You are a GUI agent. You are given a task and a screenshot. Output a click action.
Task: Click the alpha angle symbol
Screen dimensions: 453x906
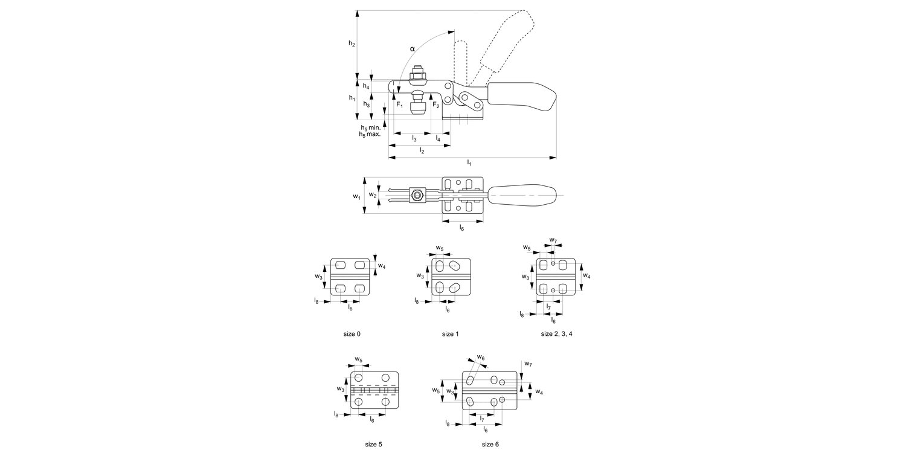(x=413, y=48)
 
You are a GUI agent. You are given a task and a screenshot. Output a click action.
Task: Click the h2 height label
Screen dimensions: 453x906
(x=352, y=43)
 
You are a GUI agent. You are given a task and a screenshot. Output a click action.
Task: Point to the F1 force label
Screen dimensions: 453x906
(x=399, y=105)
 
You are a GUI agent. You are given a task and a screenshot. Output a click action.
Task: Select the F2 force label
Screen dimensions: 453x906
(x=435, y=105)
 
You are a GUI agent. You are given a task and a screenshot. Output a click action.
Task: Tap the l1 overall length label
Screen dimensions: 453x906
(x=469, y=162)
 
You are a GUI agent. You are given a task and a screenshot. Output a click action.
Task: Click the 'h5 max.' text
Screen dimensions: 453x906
(x=370, y=134)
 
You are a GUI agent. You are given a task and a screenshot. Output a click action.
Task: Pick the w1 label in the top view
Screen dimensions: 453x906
(x=356, y=196)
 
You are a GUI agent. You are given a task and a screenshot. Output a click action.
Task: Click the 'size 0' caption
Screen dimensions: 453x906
(x=350, y=333)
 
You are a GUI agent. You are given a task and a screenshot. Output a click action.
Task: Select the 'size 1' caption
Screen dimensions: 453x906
(x=451, y=333)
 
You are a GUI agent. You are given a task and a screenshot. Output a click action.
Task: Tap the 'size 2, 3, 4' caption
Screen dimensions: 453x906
(x=556, y=333)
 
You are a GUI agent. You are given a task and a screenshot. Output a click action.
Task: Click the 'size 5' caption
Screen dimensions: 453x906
(x=373, y=444)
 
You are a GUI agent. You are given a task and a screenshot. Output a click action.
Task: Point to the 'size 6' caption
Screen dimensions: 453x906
(x=490, y=444)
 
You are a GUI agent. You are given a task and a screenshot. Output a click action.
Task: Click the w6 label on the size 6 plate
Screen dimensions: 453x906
(x=481, y=358)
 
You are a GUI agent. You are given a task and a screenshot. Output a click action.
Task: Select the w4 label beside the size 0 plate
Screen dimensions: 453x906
(x=381, y=266)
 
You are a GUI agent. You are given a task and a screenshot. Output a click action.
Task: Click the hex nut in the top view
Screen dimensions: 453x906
(x=416, y=195)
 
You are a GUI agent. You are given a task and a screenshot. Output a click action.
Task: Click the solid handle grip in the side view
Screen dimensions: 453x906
(x=521, y=97)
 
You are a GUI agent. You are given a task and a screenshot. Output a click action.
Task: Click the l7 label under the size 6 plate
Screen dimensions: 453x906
(x=482, y=418)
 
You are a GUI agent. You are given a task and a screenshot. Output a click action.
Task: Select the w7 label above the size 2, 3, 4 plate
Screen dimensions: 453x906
(x=553, y=240)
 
